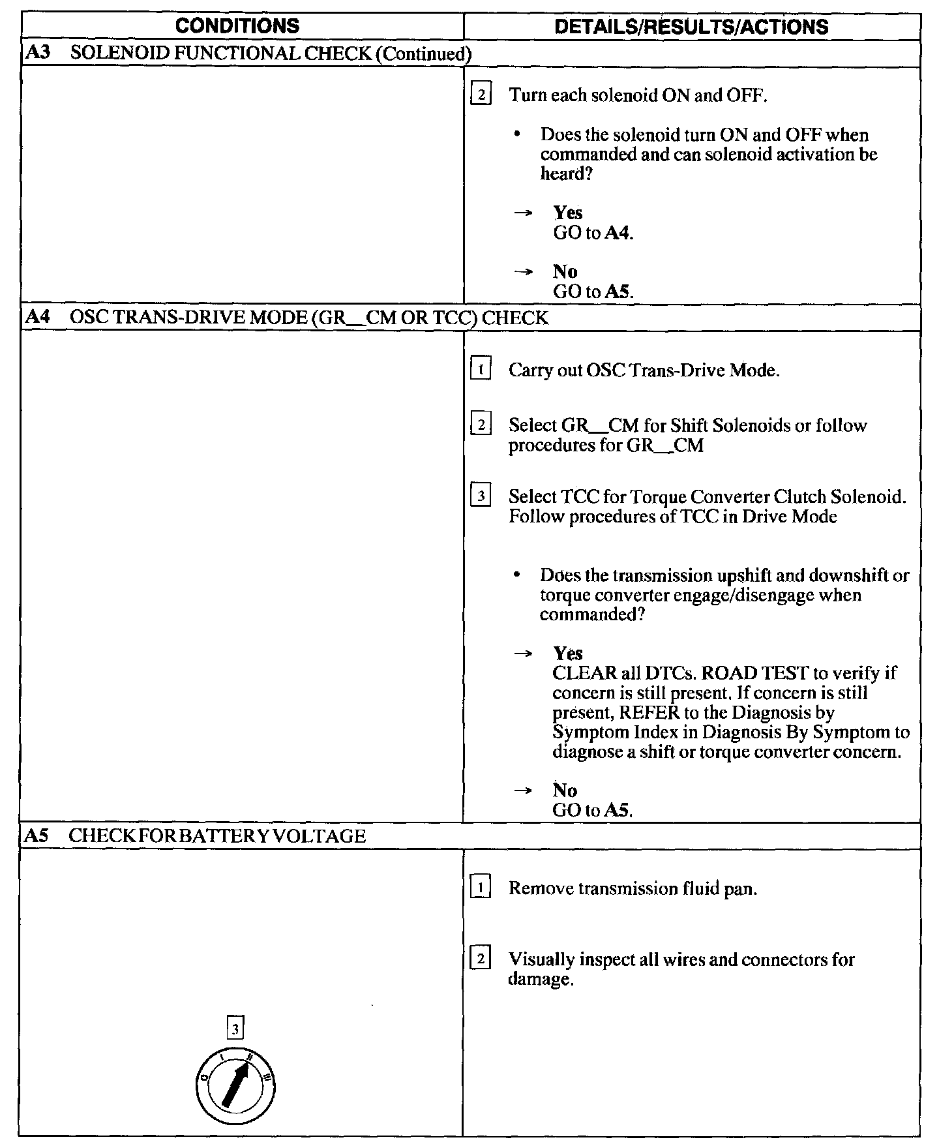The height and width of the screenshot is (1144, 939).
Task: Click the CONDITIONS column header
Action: click(238, 26)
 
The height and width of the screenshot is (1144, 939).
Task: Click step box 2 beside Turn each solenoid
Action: click(481, 95)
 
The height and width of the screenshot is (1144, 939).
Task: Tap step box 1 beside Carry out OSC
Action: click(481, 370)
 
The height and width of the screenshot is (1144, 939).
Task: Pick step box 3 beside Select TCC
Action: click(481, 497)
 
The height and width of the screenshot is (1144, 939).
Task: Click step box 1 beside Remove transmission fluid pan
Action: click(481, 888)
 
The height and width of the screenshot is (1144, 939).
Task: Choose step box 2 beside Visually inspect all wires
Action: click(481, 959)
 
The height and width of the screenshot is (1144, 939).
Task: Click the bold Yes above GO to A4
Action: click(567, 213)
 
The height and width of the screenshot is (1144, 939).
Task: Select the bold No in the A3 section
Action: click(565, 271)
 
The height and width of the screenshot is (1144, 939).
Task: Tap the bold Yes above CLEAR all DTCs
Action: click(567, 654)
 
